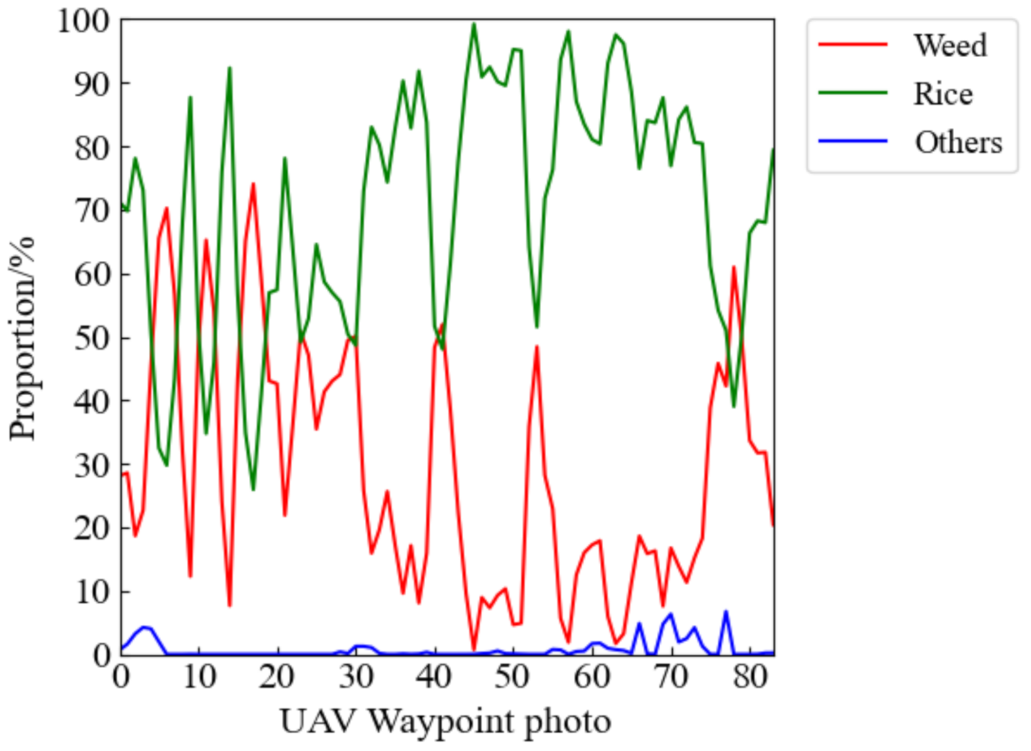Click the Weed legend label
coord(949,46)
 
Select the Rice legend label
coord(943,94)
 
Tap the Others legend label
coord(958,142)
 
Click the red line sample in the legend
coord(853,45)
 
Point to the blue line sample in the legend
coord(853,141)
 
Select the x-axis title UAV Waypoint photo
coord(445,721)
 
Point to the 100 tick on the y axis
coord(83,21)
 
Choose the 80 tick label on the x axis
coord(749,676)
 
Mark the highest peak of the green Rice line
coord(474,24)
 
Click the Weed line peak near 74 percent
coord(253,184)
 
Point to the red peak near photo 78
coord(734,268)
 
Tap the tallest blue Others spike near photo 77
coord(726,612)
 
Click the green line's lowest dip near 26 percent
coord(253,489)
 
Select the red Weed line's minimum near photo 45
coord(474,649)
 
